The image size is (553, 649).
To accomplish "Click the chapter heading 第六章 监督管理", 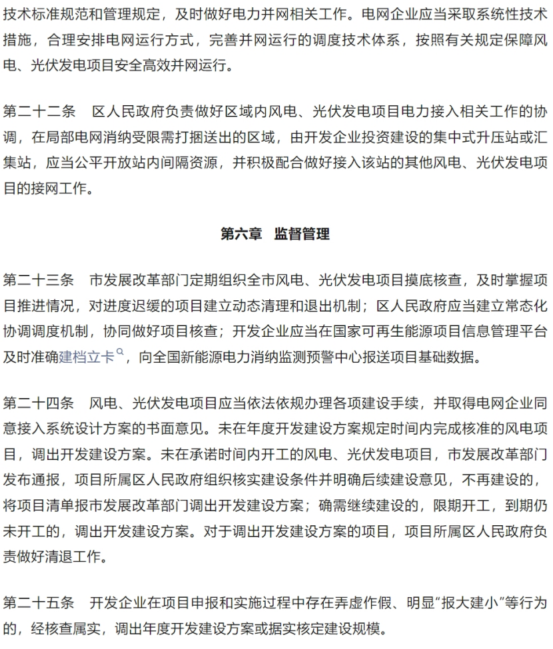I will point(275,234).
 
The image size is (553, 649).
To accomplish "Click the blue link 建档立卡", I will point(87,356).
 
